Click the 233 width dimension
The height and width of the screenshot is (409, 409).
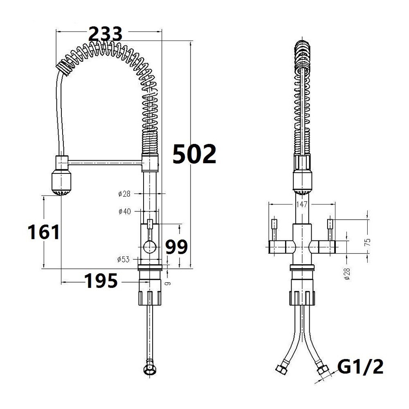(x=106, y=34)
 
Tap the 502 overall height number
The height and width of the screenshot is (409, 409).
(x=194, y=154)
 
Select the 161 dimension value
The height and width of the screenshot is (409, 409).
(x=44, y=232)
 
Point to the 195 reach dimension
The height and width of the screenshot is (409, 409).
(x=101, y=281)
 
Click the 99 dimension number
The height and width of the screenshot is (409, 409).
(x=177, y=247)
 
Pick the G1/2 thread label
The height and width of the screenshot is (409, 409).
(x=360, y=367)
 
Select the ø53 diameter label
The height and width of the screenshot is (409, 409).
(x=124, y=259)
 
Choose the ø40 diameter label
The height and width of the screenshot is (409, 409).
(x=125, y=211)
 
